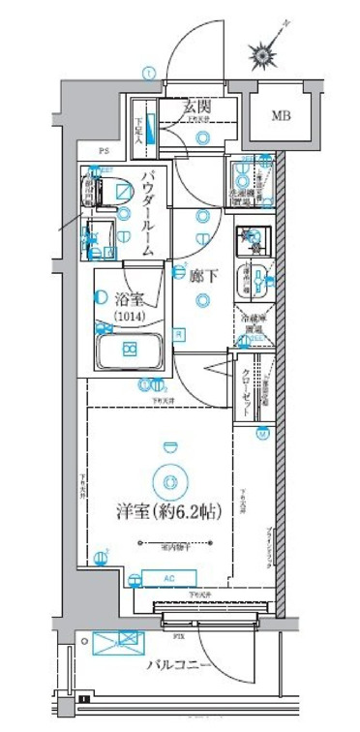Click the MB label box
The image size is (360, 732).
point(280,118)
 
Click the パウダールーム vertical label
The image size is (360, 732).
point(149,212)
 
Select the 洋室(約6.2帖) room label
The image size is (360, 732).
point(170,512)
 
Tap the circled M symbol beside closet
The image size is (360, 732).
point(261,435)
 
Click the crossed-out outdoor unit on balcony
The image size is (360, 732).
point(118,643)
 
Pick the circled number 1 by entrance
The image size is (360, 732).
point(148,72)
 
